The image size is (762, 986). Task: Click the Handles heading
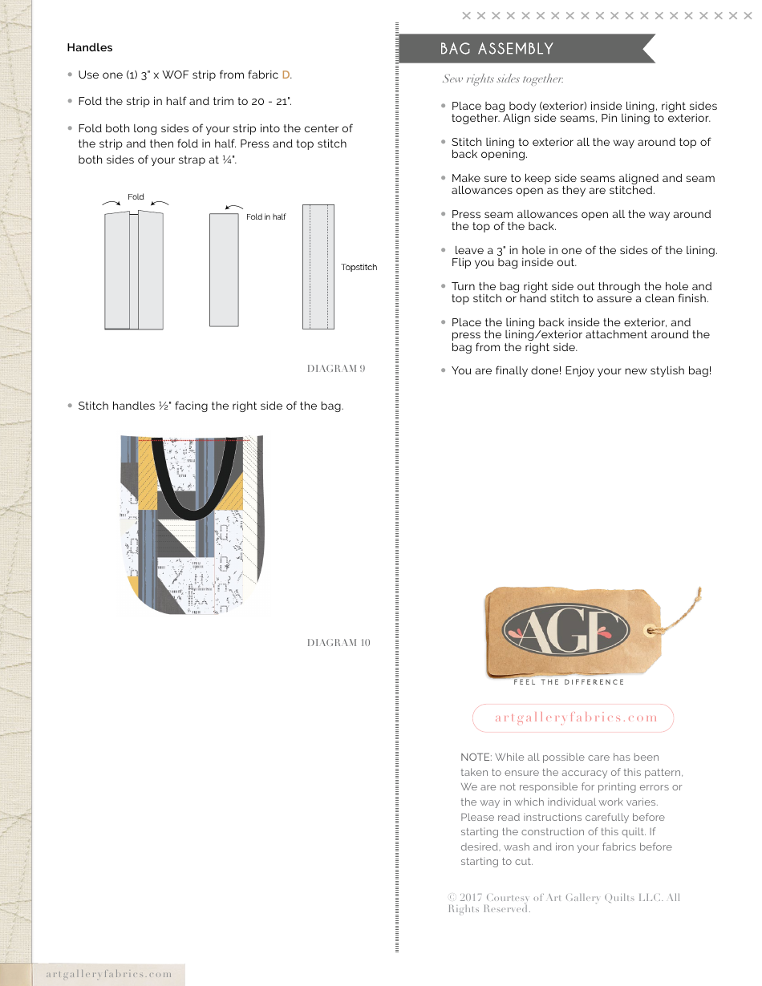[x=90, y=48]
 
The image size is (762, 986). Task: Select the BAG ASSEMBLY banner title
[x=497, y=49]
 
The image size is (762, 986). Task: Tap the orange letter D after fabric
[x=286, y=75]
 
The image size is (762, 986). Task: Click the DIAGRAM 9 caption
[x=336, y=369]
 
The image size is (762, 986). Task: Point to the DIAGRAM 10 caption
[x=338, y=643]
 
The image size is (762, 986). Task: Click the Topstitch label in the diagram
[x=359, y=268]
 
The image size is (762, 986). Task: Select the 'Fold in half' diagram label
[x=265, y=217]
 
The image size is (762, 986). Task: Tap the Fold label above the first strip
[x=136, y=197]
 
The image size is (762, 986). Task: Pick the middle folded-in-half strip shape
[x=224, y=269]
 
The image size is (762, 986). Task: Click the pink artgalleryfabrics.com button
[x=573, y=718]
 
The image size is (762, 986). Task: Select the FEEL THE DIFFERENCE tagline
[x=569, y=682]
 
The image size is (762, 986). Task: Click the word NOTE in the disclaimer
[x=476, y=758]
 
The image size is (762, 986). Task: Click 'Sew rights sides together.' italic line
[x=503, y=79]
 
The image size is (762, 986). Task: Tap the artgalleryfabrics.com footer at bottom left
[x=109, y=974]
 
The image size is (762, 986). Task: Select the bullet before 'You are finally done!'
[x=444, y=370]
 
